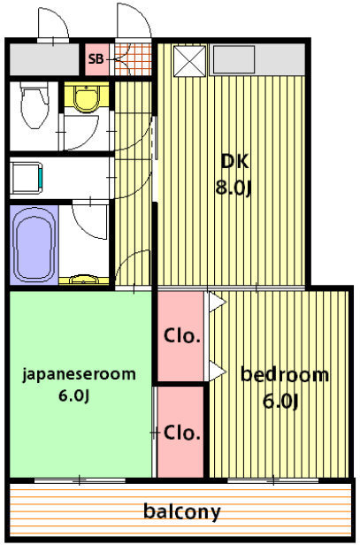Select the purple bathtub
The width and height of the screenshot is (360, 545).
34,245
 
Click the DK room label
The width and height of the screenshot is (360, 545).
235,162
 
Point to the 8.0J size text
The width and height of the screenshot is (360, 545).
234,188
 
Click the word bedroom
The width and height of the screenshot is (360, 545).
285,374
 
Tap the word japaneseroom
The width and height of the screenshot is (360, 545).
80,375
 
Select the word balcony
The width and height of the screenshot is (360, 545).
182,511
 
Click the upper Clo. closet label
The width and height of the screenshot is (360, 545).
181,336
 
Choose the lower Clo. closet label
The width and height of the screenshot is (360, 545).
181,433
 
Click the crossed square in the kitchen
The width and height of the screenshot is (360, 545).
189,60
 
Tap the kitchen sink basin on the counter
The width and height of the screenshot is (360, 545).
234,59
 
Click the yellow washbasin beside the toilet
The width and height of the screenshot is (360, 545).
86,97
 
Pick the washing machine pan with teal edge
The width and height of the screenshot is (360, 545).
27,179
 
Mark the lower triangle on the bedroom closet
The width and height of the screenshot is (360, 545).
217,372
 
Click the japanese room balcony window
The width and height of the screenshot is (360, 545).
80,480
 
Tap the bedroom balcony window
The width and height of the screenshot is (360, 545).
273,480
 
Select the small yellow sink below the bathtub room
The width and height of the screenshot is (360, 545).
84,280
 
